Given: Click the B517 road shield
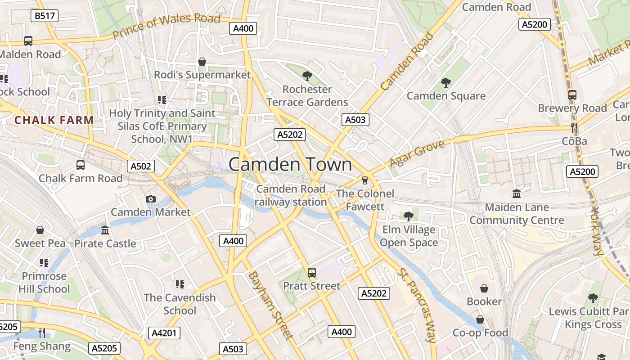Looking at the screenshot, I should click(45, 16).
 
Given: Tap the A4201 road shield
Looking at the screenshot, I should click(164, 333).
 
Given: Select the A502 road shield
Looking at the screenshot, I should click(140, 166).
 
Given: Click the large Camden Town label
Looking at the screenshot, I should click(290, 164).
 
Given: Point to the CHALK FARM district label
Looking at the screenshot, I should click(54, 120).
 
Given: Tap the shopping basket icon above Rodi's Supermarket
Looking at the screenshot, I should click(202, 62).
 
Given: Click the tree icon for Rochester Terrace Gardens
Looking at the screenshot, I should click(307, 76).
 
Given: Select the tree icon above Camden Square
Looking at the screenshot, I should click(446, 82).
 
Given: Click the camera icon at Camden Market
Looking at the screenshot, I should click(151, 199).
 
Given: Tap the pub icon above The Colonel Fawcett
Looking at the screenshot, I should click(364, 180).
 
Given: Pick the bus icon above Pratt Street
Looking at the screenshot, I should click(311, 272).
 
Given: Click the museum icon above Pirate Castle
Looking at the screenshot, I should click(105, 230).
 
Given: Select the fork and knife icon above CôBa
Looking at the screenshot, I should click(574, 128).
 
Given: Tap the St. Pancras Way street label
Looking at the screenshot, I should click(417, 306).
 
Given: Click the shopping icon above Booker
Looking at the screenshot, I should click(484, 288).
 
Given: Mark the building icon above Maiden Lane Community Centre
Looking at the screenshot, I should click(517, 194).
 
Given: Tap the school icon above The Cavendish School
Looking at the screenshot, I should click(180, 284).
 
